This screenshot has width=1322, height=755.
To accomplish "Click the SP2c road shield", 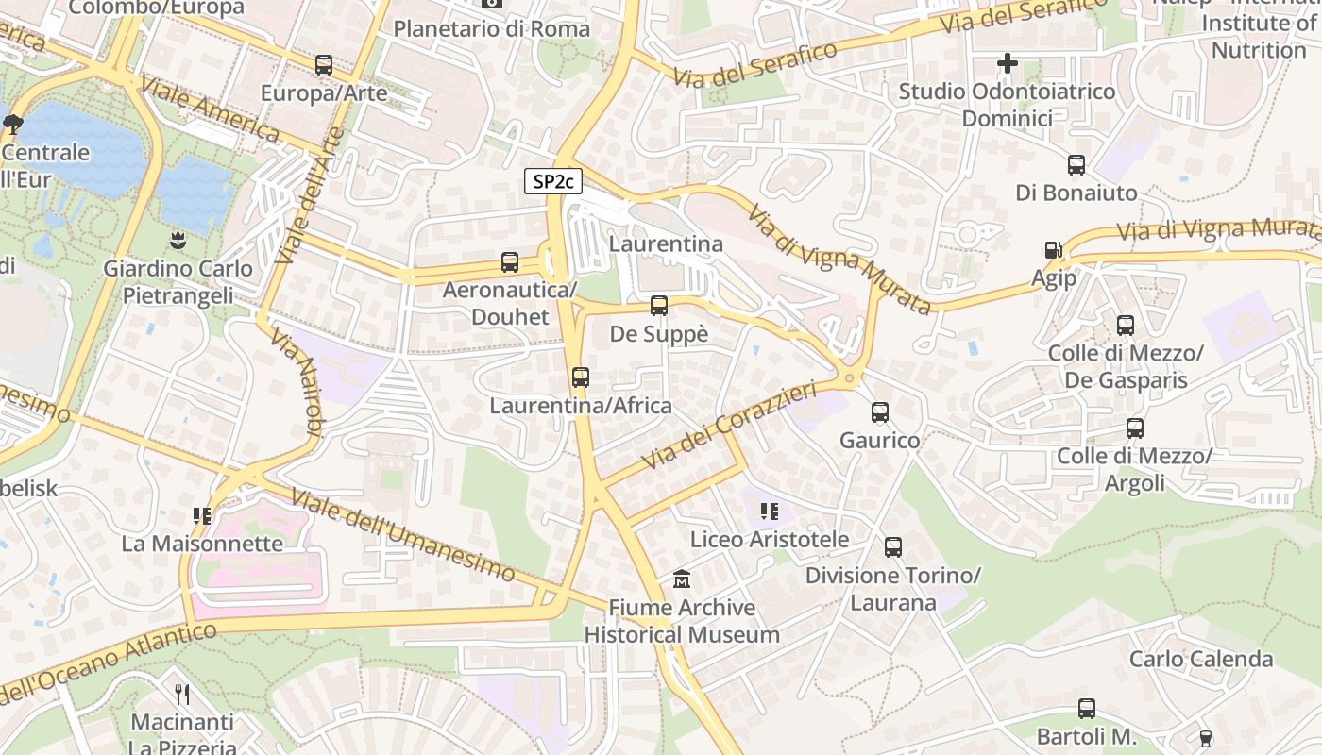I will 552,181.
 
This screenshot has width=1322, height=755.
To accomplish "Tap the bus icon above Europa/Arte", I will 324,65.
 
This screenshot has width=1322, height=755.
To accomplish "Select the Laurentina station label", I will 666,243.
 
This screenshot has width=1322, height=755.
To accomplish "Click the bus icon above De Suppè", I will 659,306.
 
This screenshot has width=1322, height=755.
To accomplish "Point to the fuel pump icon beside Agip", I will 1053,251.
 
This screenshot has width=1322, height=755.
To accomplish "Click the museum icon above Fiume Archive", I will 682,579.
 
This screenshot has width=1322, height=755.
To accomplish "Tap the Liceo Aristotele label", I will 770,540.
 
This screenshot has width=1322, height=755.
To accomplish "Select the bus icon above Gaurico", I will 880,412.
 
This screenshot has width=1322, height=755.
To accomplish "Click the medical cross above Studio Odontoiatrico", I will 1008,64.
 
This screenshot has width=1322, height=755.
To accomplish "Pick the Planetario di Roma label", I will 491,29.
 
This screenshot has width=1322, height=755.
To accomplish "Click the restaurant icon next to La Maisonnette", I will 202,515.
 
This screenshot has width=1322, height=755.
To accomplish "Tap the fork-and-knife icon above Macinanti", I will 182,695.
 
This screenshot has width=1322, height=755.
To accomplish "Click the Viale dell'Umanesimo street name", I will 402,535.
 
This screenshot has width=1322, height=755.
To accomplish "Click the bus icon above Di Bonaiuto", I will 1076,165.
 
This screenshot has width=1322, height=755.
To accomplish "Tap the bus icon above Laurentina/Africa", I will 581,377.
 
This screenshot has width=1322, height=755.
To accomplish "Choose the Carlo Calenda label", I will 1201,659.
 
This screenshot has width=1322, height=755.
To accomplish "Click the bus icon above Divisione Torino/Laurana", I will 893,546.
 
